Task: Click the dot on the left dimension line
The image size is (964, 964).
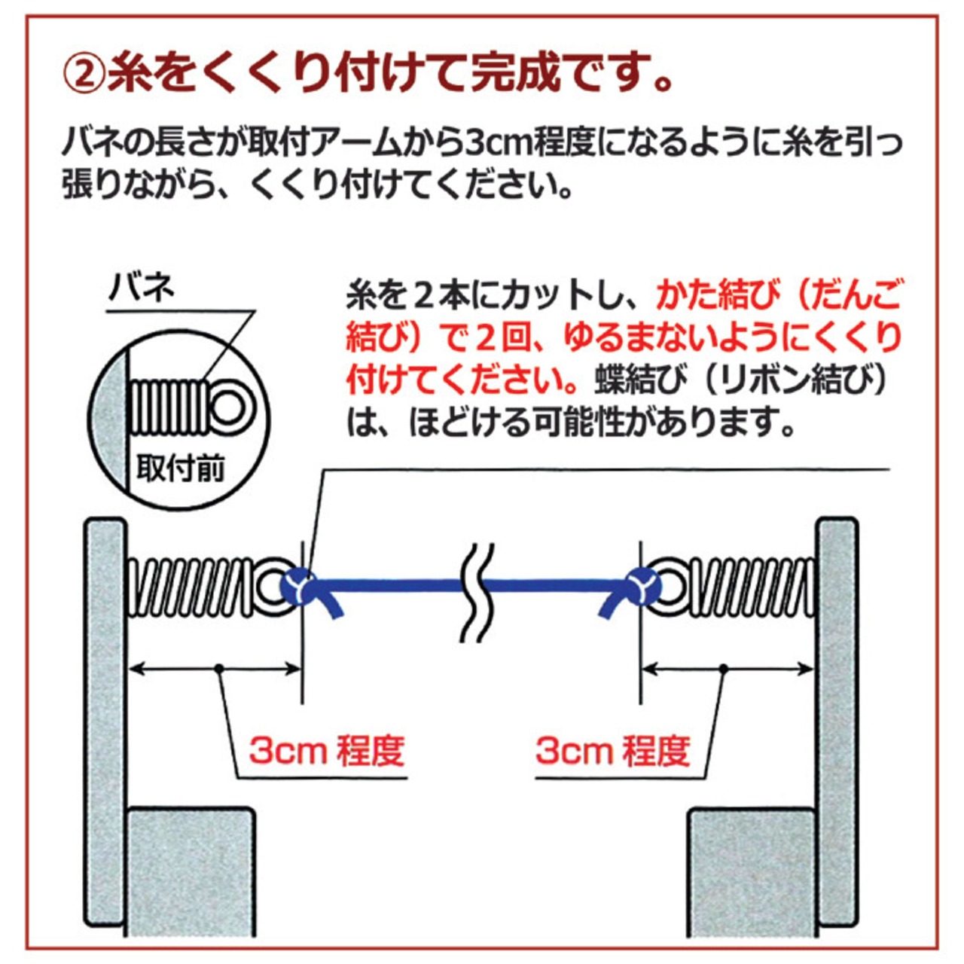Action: click(x=218, y=668)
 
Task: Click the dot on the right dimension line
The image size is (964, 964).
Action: click(x=722, y=668)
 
